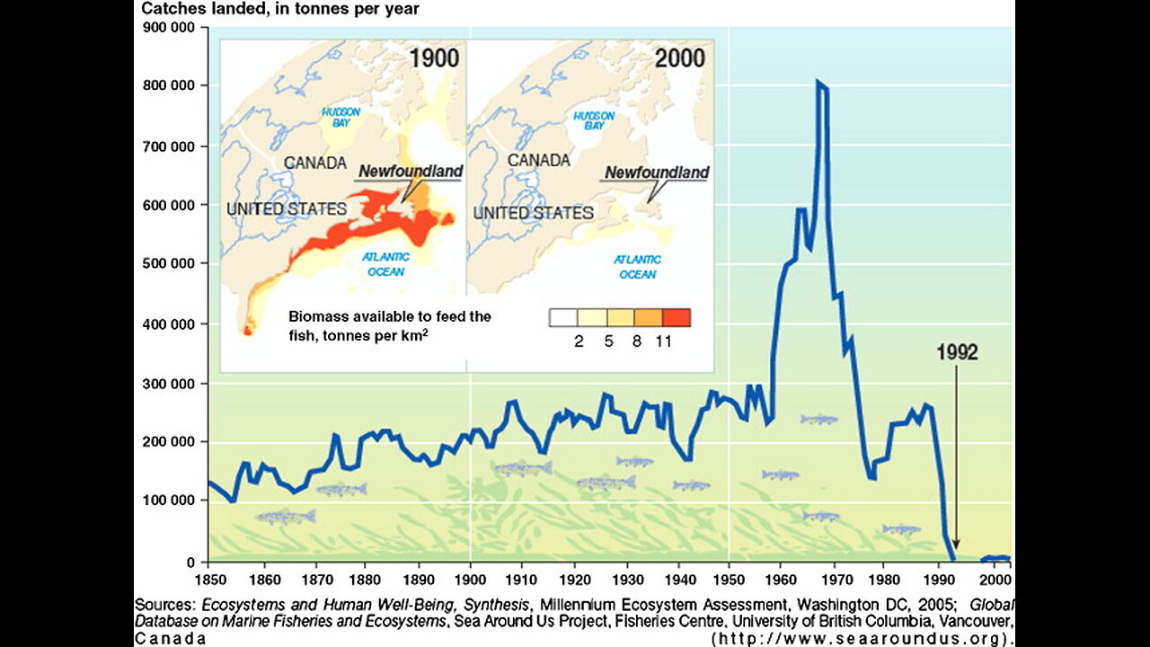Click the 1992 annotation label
coord(957,352)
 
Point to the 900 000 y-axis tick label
coord(171,27)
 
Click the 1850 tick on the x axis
coord(208,580)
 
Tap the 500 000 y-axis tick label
coord(171,263)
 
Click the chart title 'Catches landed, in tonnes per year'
coord(280,9)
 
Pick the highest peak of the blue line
coord(818,82)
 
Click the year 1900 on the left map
coord(434,58)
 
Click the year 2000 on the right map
coord(680,58)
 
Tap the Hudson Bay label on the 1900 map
coord(341,117)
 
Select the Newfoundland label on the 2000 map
coord(657,173)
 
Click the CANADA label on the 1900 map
coord(315,163)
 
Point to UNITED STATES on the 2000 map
coord(534,213)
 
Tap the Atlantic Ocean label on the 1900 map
coord(386,264)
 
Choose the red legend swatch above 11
coord(677,317)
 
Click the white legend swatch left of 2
coord(562,317)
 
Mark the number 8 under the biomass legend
coord(636,341)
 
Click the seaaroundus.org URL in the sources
coord(863,639)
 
